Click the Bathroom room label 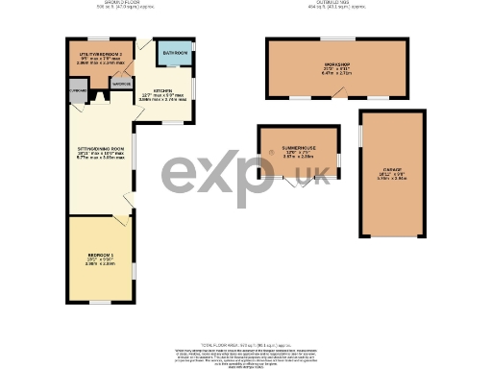(x=174, y=52)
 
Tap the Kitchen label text (x=160, y=88)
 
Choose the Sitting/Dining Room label (x=101, y=149)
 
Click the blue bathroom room (x=174, y=58)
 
